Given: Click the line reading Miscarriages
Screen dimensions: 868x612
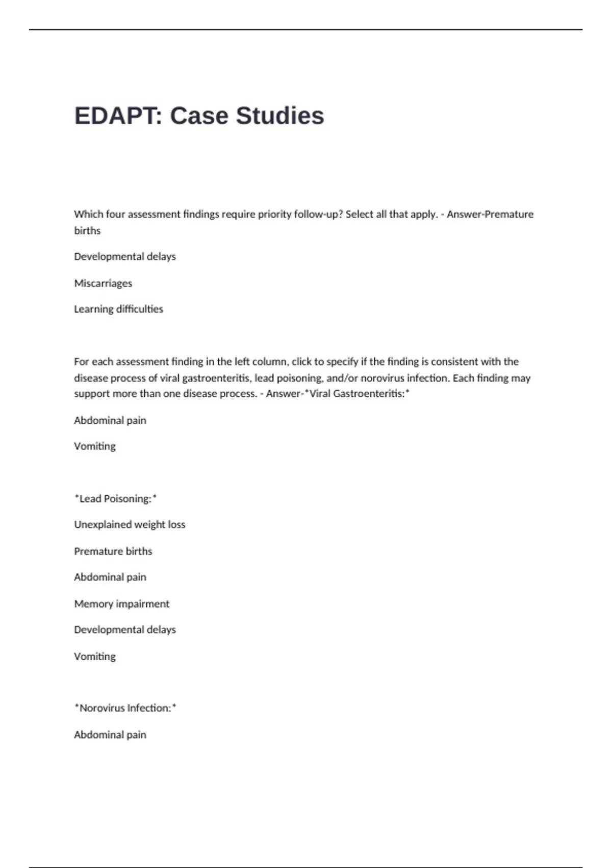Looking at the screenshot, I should [103, 283].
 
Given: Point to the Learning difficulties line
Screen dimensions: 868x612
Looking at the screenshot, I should [118, 309].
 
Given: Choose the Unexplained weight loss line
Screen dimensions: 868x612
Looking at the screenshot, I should [130, 525].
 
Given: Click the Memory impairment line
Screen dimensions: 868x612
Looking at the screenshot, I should [121, 604].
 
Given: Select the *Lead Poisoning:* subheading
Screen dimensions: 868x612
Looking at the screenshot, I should [115, 499].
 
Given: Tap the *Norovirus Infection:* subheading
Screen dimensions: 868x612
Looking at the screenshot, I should [125, 708].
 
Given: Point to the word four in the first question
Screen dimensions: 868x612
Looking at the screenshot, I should [116, 214].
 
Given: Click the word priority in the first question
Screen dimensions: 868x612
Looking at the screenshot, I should [274, 214].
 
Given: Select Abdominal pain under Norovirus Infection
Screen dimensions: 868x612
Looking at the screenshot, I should [110, 735].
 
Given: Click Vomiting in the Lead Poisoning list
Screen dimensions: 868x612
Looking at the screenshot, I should [95, 657].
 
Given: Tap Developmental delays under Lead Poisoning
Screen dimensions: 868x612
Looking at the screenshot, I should [125, 630].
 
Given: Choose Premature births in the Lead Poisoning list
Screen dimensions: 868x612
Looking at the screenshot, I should [113, 551].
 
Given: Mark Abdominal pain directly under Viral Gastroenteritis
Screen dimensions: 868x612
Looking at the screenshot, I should [110, 421].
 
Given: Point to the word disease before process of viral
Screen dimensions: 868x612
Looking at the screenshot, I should [90, 378].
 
